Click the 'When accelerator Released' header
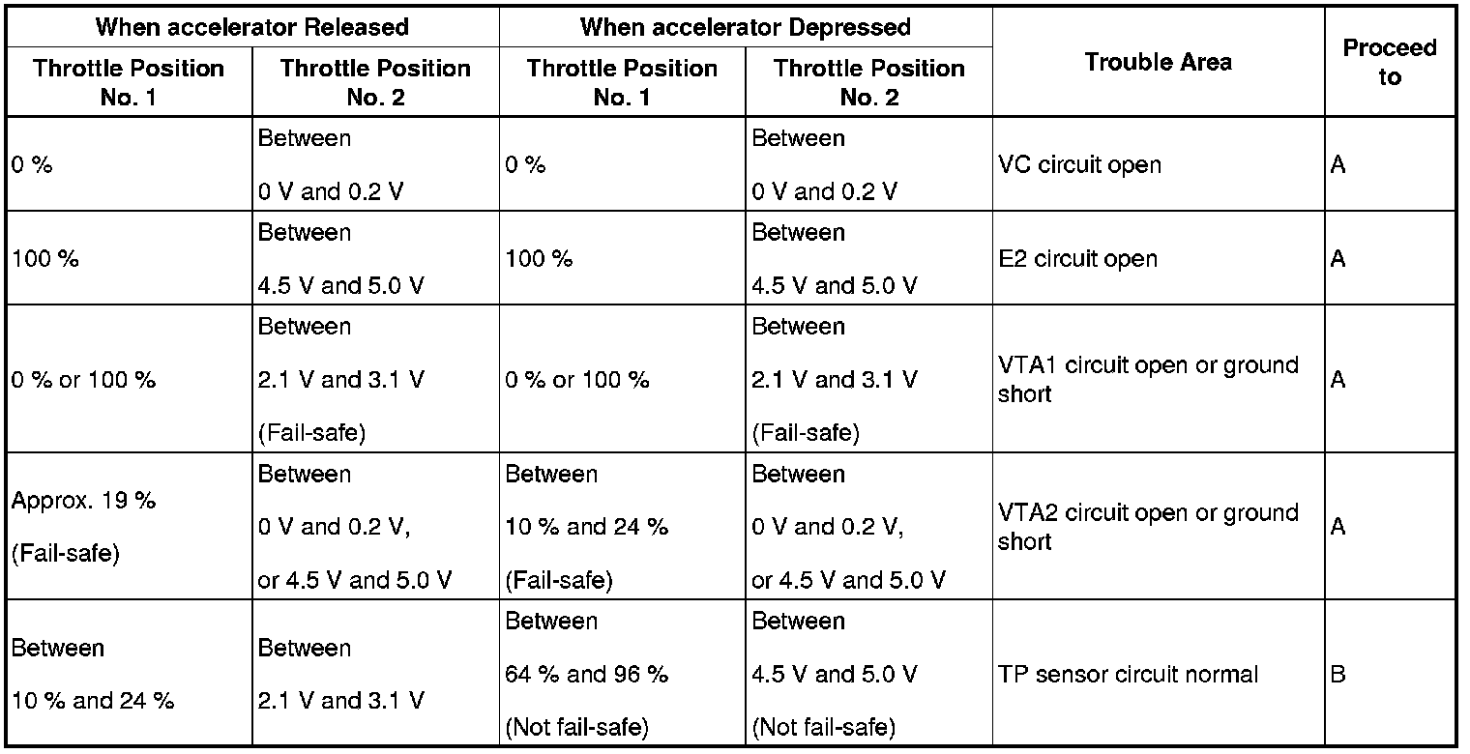[251, 26]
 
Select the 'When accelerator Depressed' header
[745, 26]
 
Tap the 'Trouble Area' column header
[1158, 63]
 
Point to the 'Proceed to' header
[1390, 63]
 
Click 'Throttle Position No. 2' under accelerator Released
[375, 82]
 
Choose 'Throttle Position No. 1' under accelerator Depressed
[622, 82]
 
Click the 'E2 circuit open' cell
[1076, 259]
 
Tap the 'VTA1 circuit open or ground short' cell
[1147, 379]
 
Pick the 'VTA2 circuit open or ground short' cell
[1147, 527]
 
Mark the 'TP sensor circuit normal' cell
[1128, 674]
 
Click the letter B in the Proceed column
[1338, 674]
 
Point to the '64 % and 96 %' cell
[587, 674]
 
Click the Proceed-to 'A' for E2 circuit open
[1338, 259]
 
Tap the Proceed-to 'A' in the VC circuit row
[1338, 164]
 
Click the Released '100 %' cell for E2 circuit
[45, 259]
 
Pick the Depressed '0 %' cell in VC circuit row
[525, 165]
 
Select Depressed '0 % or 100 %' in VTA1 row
[576, 380]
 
